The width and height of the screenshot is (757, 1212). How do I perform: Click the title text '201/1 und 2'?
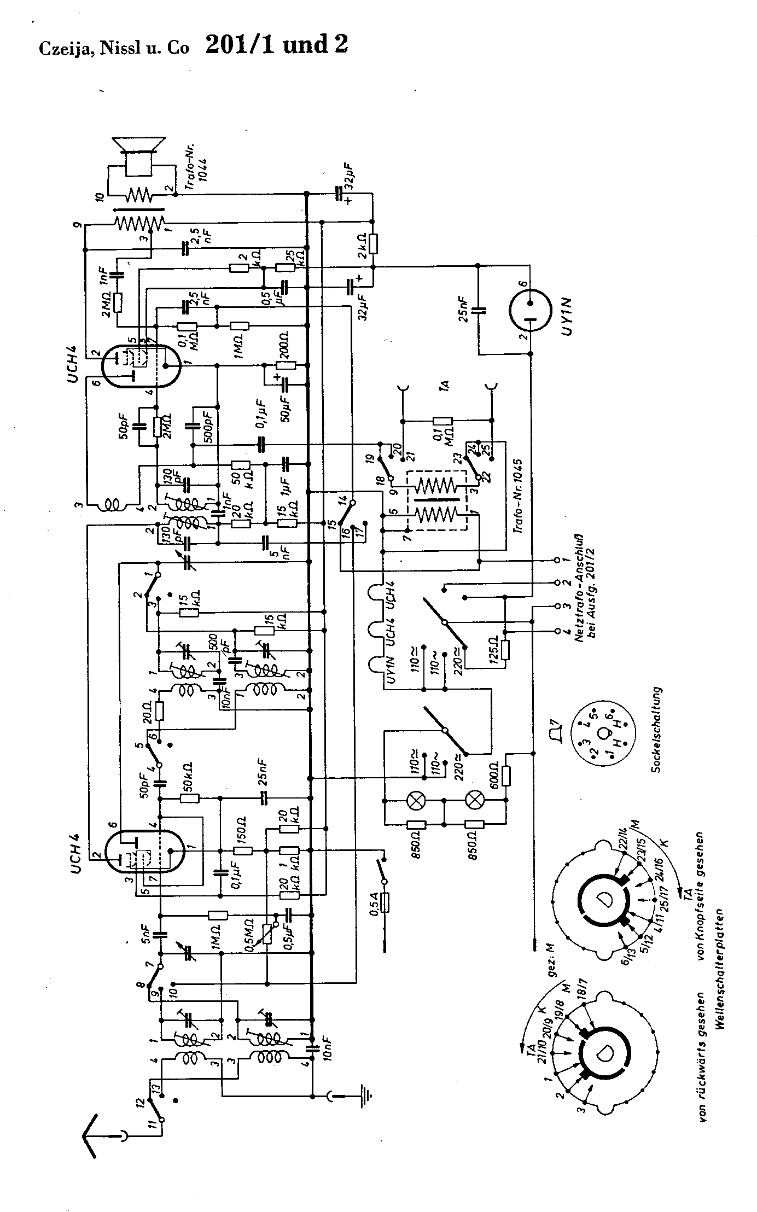276,45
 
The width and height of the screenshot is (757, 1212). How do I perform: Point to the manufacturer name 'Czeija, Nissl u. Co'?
114,49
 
